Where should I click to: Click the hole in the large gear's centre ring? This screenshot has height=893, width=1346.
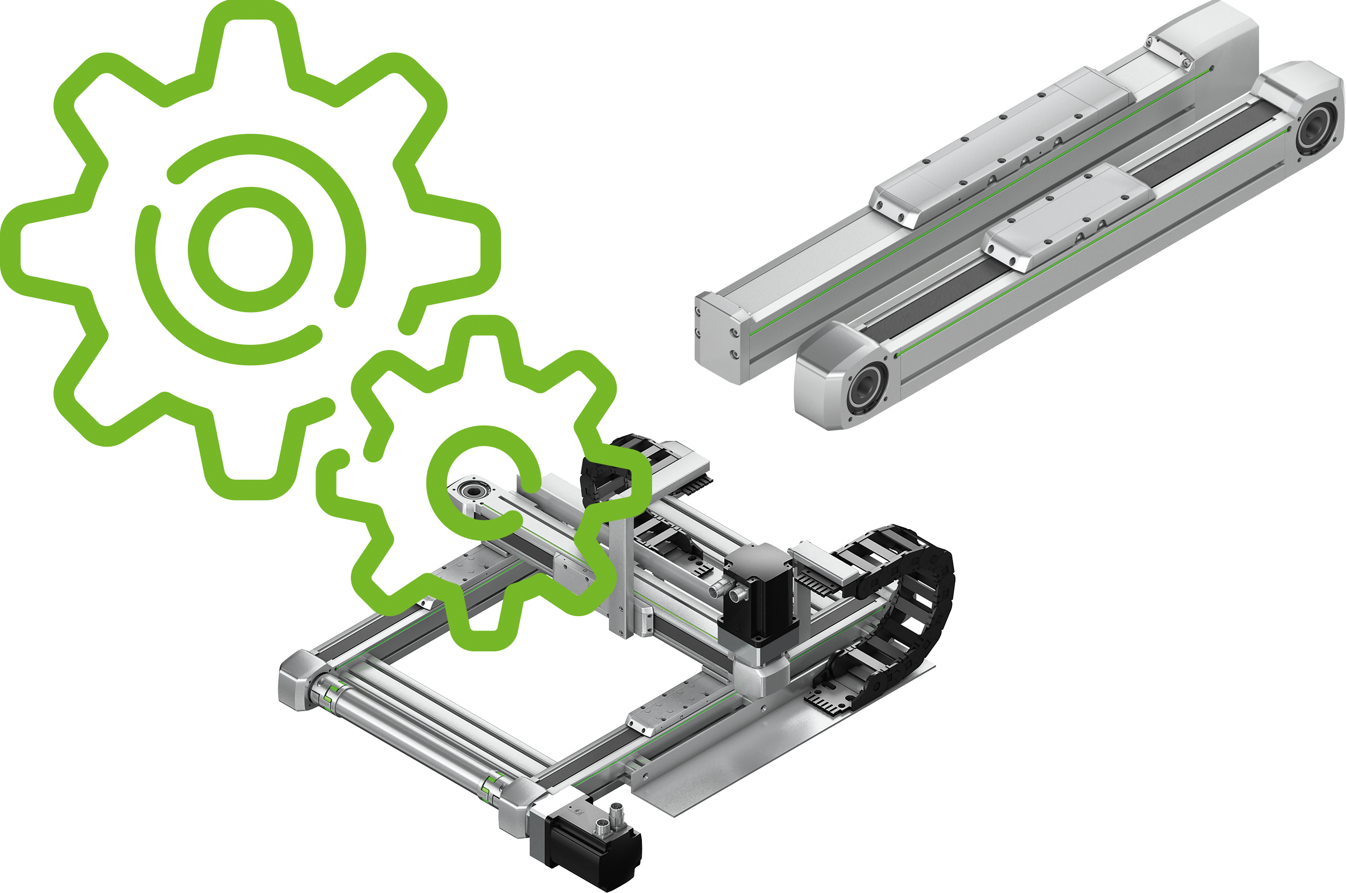click(x=250, y=249)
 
